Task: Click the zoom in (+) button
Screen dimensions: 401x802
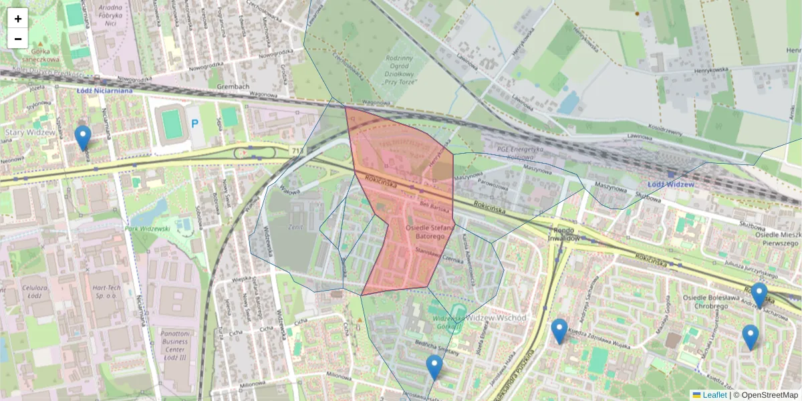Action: (18, 19)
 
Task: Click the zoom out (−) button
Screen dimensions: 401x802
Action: (18, 39)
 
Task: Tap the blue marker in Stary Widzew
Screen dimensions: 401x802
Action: (83, 137)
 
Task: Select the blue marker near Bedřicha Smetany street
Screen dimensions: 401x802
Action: (434, 367)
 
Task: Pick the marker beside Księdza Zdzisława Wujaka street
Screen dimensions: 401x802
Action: (559, 331)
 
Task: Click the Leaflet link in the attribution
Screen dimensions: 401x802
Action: (714, 395)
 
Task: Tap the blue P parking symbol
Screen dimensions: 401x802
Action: (195, 124)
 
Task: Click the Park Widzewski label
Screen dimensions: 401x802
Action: (147, 229)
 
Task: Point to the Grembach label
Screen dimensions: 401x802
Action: (233, 88)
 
